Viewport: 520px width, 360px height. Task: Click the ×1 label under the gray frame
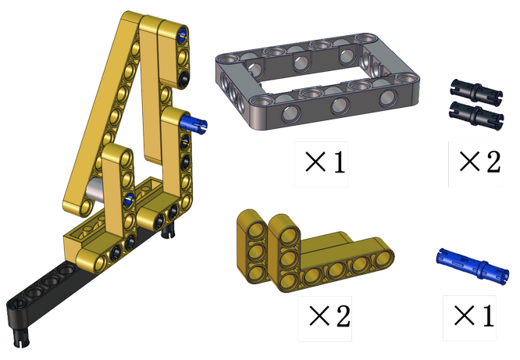(x=325, y=162)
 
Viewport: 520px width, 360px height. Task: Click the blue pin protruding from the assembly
(x=194, y=123)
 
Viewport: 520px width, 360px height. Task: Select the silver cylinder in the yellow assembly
(x=94, y=190)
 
